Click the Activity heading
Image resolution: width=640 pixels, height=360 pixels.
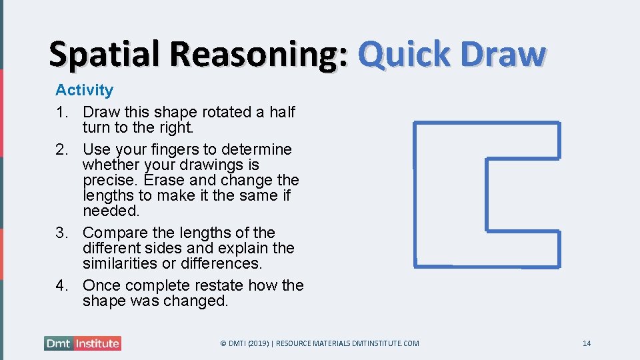pyautogui.click(x=84, y=90)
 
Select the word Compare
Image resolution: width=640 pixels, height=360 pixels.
pyautogui.click(x=113, y=233)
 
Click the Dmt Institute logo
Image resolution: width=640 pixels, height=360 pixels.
pyautogui.click(x=83, y=343)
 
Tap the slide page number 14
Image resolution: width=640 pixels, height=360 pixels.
pyautogui.click(x=587, y=343)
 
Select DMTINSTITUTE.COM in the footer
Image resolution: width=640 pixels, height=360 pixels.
pyautogui.click(x=387, y=343)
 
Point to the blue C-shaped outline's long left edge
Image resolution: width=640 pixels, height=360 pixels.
pyautogui.click(x=415, y=193)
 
